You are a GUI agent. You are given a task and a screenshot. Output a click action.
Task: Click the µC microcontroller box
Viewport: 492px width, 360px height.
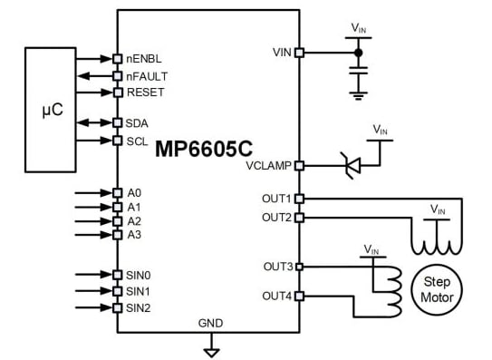pyautogui.click(x=51, y=109)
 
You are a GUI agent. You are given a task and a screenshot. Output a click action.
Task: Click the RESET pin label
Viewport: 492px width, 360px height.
pyautogui.click(x=146, y=92)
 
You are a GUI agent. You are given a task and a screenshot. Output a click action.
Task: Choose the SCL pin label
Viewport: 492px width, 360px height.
pyautogui.click(x=139, y=141)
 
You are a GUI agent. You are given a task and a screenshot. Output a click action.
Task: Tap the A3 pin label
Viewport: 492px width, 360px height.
pyautogui.click(x=134, y=235)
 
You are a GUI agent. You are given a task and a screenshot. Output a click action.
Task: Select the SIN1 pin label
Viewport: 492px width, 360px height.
pyautogui.click(x=140, y=291)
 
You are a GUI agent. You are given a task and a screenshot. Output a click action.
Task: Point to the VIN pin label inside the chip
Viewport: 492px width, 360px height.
pyautogui.click(x=281, y=53)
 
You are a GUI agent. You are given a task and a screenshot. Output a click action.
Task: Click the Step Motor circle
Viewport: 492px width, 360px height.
pyautogui.click(x=438, y=288)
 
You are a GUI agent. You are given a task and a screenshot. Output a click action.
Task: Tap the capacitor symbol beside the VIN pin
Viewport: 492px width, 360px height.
pyautogui.click(x=360, y=68)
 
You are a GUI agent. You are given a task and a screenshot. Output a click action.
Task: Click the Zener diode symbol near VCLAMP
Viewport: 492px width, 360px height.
pyautogui.click(x=349, y=165)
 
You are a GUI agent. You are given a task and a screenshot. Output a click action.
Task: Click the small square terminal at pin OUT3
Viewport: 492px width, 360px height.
pyautogui.click(x=300, y=267)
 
